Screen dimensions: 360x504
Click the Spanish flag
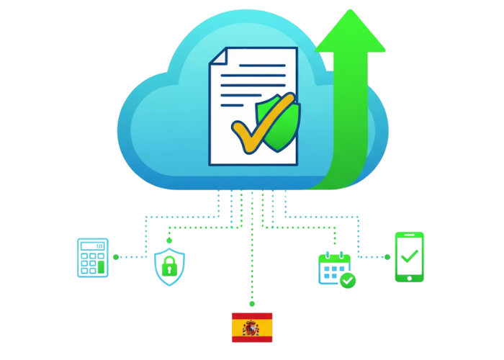[x=251, y=327]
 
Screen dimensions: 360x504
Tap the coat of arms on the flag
[x=250, y=328]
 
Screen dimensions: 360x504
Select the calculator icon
[x=93, y=257]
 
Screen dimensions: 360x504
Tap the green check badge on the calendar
[x=348, y=279]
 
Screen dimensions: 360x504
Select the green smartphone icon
[x=409, y=256]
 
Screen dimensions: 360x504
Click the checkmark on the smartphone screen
[x=409, y=255]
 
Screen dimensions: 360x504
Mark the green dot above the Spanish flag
[x=251, y=305]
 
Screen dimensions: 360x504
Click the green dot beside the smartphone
[x=387, y=256]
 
